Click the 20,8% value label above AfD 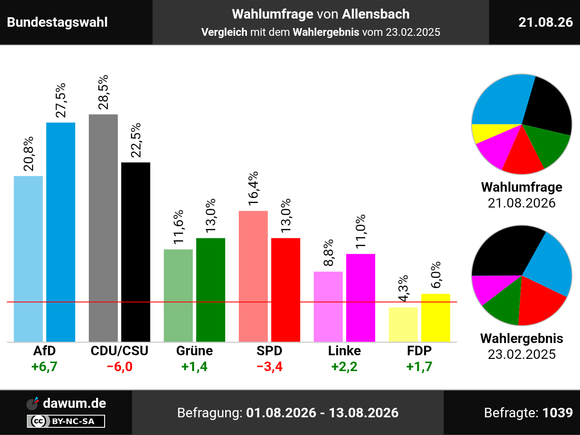[29, 154]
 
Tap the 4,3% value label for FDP [403, 289]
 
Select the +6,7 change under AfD [44, 367]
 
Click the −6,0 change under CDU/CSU [120, 367]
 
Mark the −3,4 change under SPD [270, 367]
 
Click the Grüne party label [194, 351]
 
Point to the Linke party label [344, 351]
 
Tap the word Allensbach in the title [376, 14]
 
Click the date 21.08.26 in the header [546, 22]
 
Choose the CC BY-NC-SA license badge [66, 421]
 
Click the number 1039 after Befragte [557, 412]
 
